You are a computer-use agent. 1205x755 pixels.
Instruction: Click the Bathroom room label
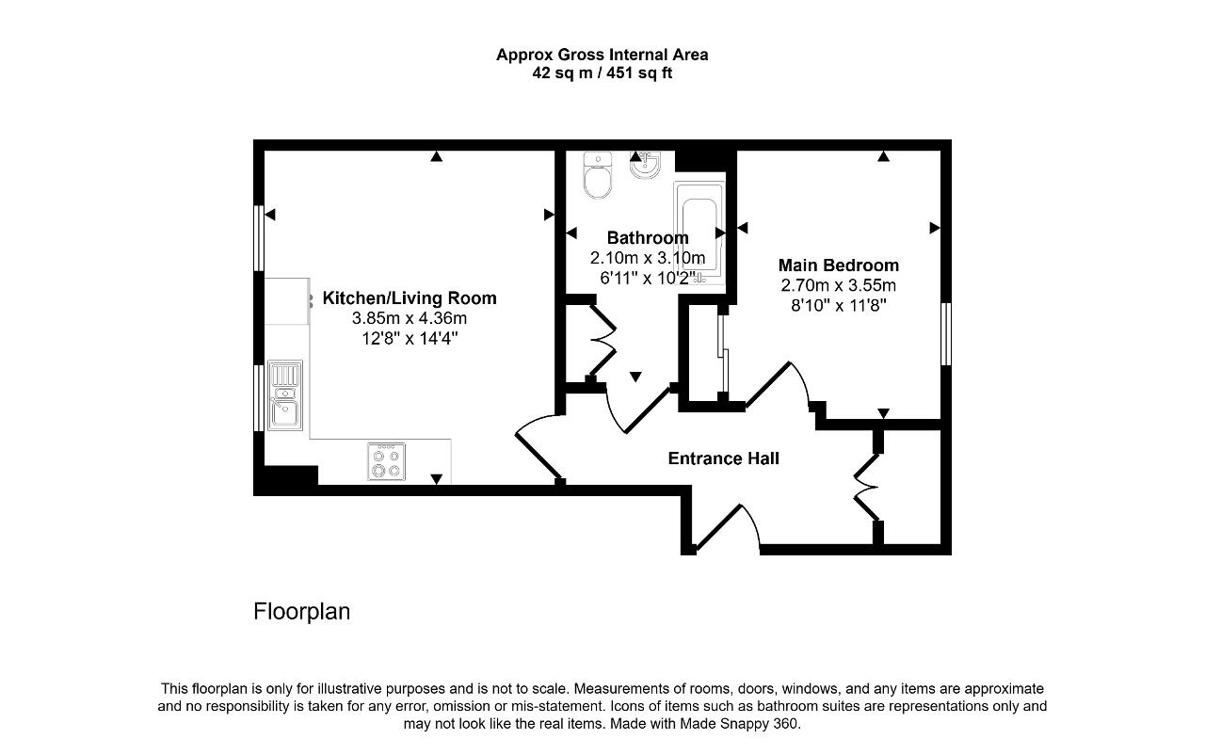click(648, 237)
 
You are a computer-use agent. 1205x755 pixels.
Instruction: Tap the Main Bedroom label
click(838, 265)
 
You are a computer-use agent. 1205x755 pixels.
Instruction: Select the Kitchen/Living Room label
click(410, 297)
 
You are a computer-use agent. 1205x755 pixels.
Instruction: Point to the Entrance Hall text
click(724, 458)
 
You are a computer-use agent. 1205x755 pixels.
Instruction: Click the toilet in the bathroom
click(598, 175)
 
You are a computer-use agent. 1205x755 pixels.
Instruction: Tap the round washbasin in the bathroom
click(645, 165)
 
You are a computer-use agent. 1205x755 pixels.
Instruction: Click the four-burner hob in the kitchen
click(386, 461)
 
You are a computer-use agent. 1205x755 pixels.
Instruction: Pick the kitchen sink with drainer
click(285, 395)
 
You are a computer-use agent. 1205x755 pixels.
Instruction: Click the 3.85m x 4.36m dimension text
click(410, 318)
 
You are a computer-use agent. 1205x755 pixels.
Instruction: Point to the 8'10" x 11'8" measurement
click(838, 305)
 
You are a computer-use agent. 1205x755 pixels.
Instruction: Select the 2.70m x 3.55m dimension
click(838, 285)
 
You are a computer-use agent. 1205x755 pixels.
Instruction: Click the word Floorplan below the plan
click(302, 611)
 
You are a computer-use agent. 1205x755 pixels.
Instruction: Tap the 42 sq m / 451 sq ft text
click(602, 72)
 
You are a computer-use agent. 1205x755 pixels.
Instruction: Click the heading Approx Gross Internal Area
click(602, 55)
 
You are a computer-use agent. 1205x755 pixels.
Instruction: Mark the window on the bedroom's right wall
click(946, 334)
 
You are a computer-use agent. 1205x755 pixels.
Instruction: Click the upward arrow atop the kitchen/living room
click(436, 156)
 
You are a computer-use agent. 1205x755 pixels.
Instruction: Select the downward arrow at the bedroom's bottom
click(883, 413)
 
